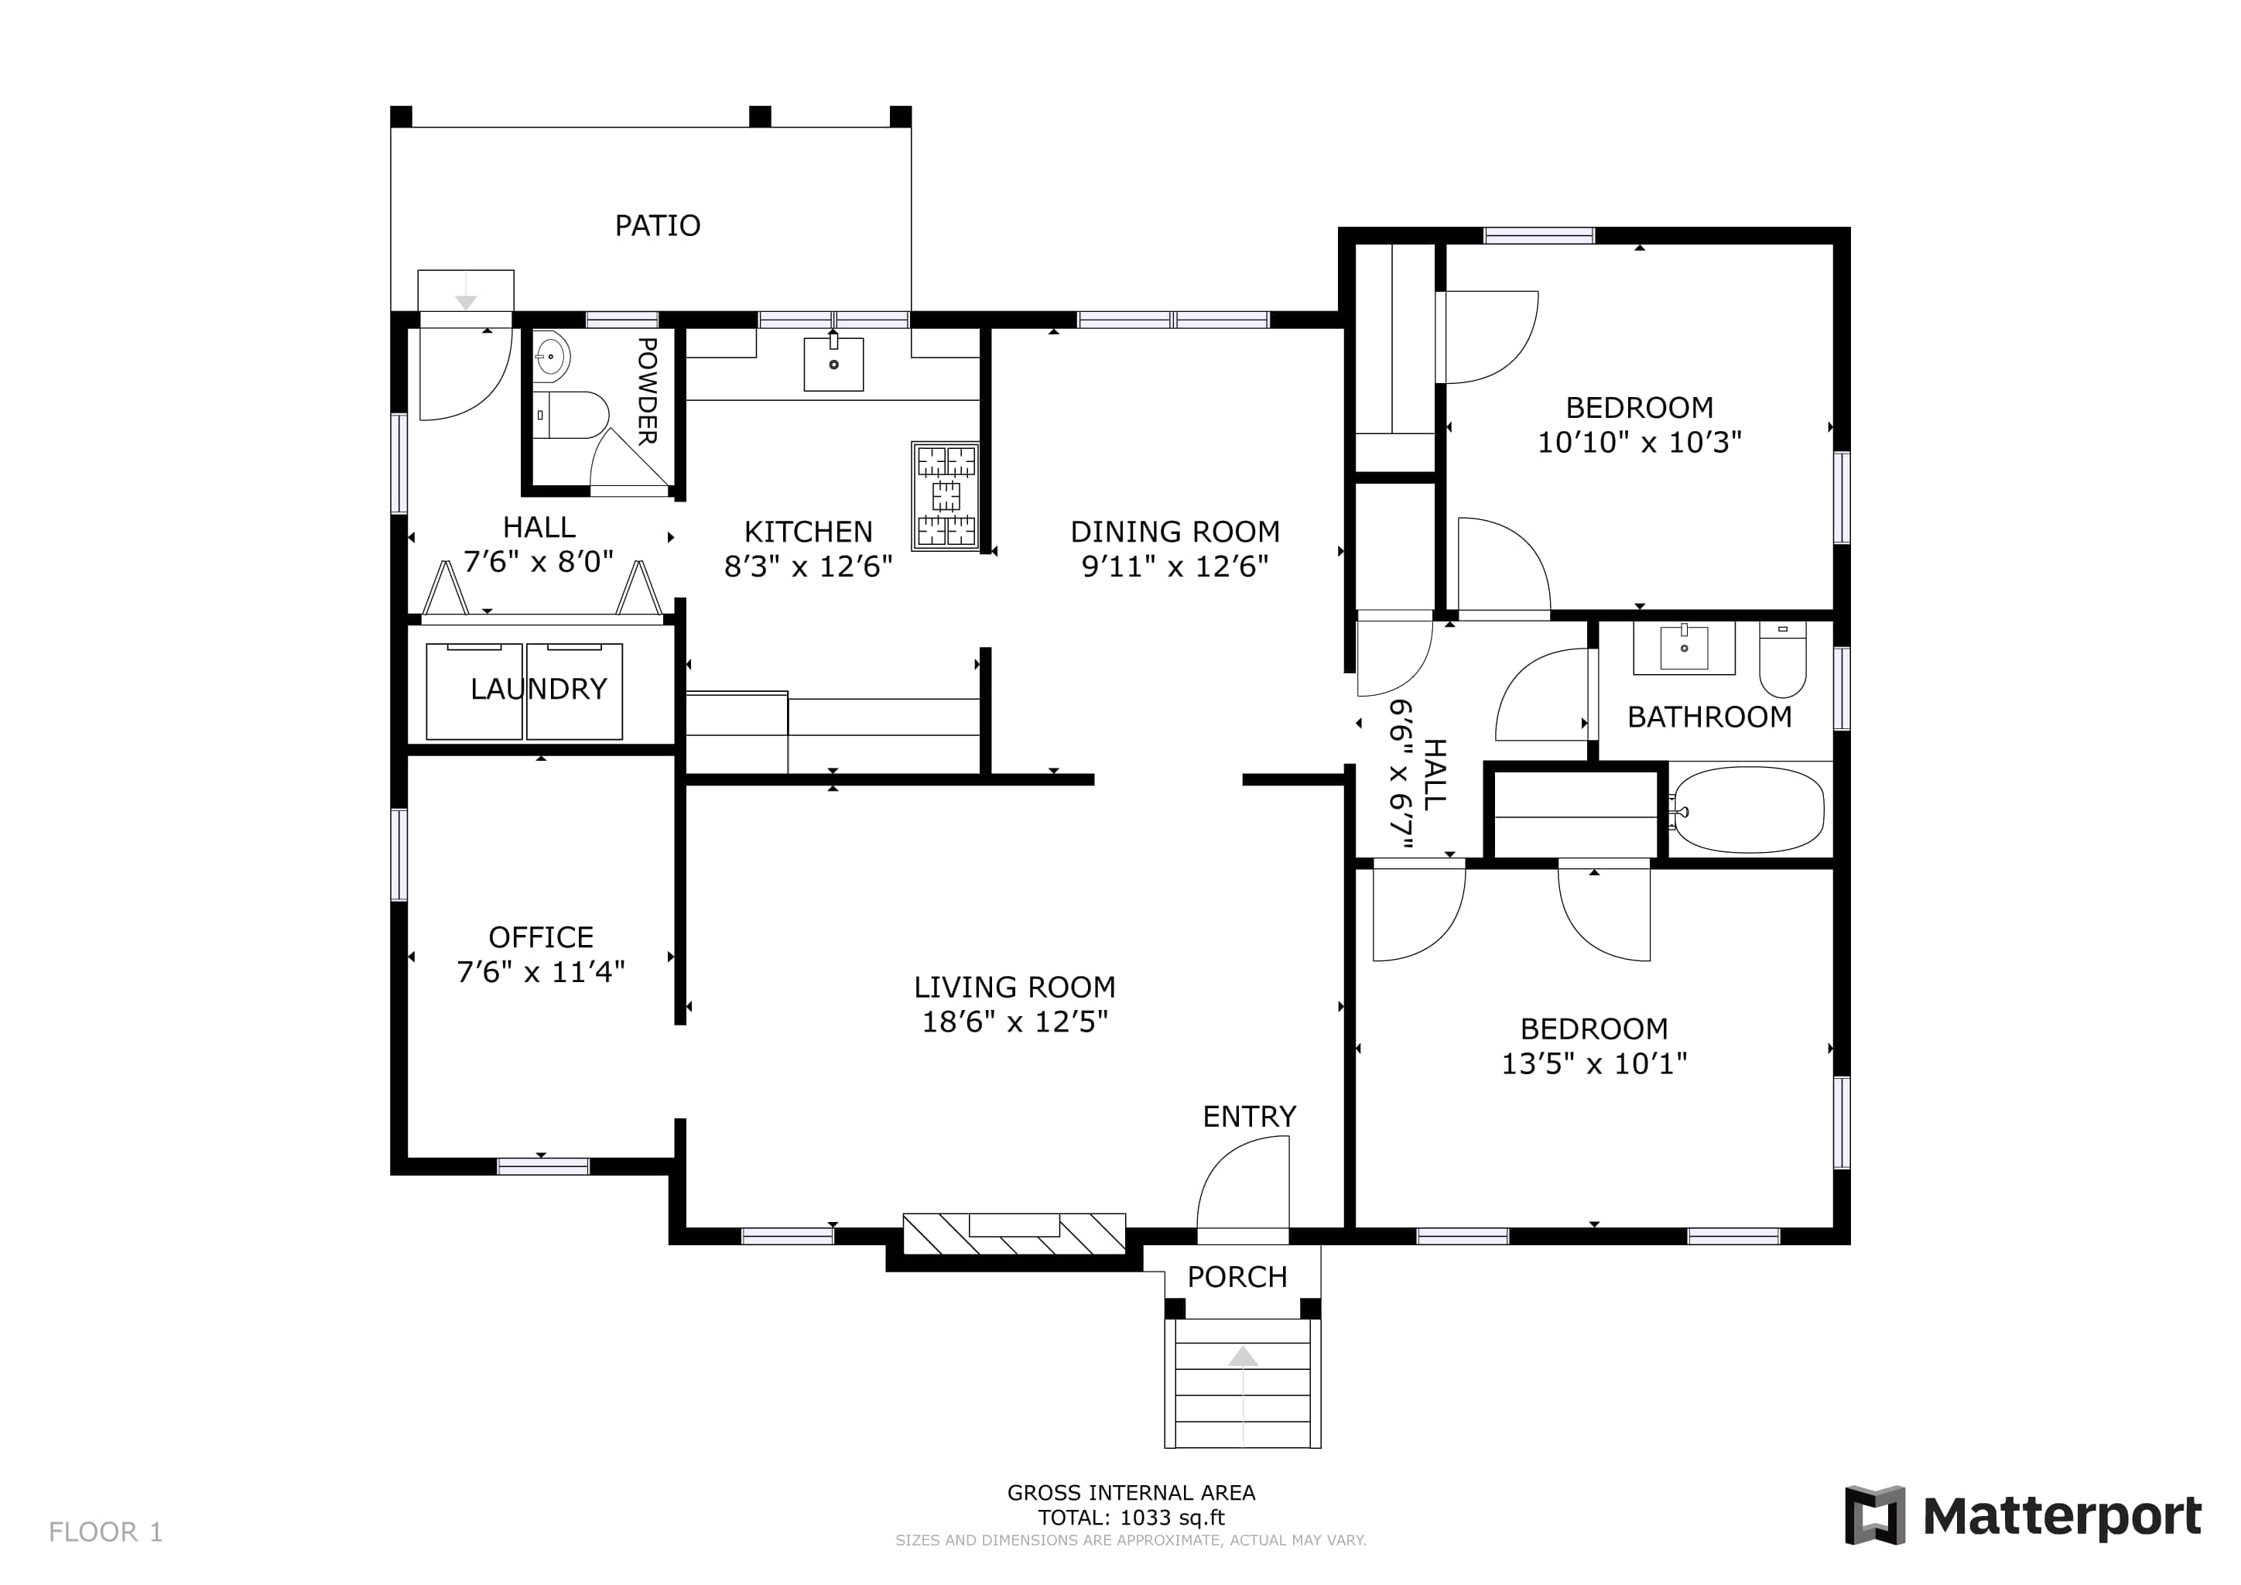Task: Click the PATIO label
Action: click(x=657, y=225)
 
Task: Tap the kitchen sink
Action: click(x=833, y=364)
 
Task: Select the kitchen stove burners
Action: click(x=946, y=496)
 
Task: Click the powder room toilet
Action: click(x=571, y=415)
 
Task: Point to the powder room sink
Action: click(x=552, y=358)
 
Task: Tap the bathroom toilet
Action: click(x=1782, y=659)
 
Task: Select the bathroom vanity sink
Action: click(x=1684, y=648)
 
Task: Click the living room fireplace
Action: click(x=1014, y=1234)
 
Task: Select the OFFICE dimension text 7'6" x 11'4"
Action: click(x=541, y=972)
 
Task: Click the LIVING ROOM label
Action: click(x=1015, y=987)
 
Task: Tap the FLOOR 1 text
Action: click(x=105, y=1532)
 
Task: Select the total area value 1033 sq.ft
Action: click(x=1172, y=1518)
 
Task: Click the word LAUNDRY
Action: click(x=539, y=689)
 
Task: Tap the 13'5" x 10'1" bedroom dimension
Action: click(x=1594, y=1064)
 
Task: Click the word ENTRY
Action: click(x=1249, y=1117)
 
